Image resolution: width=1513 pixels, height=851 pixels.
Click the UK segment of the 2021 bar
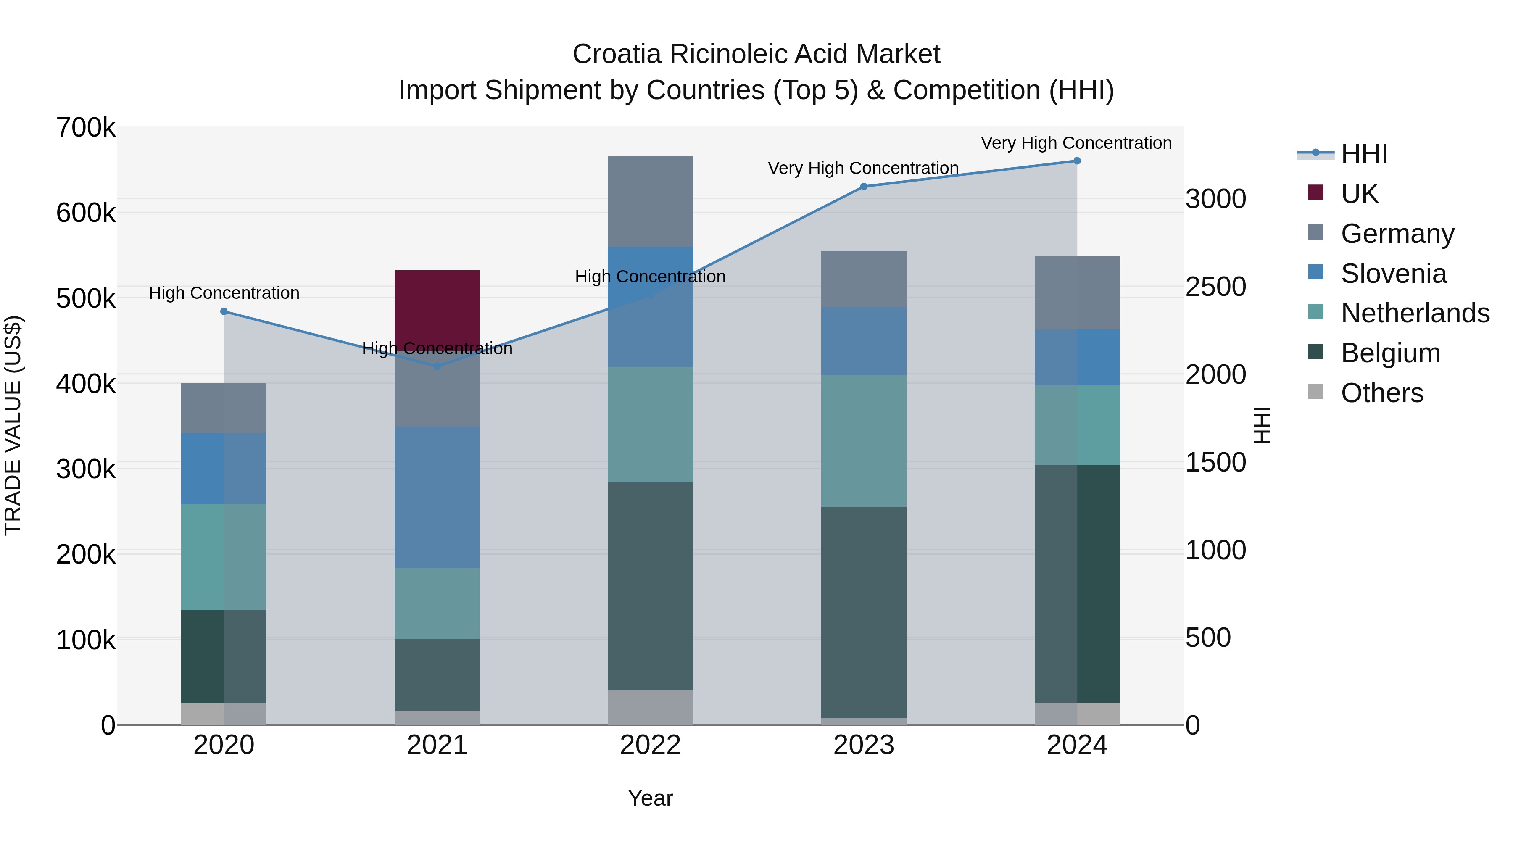click(x=437, y=306)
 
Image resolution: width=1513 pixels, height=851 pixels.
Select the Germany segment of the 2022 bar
click(x=650, y=201)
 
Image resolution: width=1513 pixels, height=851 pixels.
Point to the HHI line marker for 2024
click(x=1077, y=161)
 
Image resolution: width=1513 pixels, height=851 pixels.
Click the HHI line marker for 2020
click(x=224, y=312)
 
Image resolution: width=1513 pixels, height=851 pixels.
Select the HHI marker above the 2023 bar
click(x=863, y=187)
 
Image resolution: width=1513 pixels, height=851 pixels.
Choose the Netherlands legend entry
click(x=1414, y=313)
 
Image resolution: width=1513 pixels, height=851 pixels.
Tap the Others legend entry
click(x=1381, y=393)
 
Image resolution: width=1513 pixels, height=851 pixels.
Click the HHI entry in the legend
click(x=1364, y=154)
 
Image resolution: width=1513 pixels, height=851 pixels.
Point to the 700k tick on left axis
click(x=86, y=127)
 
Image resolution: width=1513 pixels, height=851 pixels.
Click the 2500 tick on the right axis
click(x=1215, y=287)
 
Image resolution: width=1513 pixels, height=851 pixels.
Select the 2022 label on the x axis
click(x=650, y=745)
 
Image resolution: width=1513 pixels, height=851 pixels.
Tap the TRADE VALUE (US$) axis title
click(x=13, y=425)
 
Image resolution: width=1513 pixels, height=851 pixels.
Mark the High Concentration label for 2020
click(x=224, y=292)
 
